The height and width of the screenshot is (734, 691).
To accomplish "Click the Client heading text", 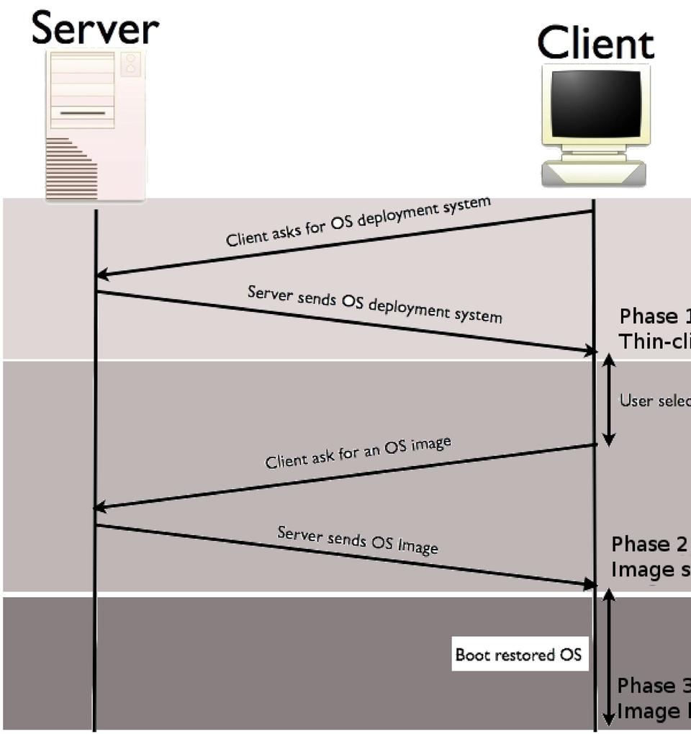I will point(596,43).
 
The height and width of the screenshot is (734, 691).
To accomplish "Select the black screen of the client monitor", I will point(595,104).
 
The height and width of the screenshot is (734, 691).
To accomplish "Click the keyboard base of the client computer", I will point(594,174).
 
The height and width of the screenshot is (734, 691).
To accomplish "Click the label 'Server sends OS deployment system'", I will point(374,303).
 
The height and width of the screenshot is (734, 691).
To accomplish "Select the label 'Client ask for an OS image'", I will point(358,452).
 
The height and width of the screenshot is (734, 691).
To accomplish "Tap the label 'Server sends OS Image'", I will point(358,540).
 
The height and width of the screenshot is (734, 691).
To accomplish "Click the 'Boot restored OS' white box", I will point(518,655).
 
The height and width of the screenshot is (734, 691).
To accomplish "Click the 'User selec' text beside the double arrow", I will point(654,400).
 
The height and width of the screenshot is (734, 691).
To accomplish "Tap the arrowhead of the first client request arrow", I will point(102,274).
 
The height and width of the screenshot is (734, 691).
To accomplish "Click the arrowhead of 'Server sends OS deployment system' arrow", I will point(591,351).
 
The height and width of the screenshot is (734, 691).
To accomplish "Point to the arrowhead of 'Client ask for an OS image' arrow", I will point(100,508).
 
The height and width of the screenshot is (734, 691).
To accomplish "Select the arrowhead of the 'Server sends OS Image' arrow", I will point(591,584).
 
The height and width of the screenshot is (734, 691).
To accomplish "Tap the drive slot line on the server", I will point(83,113).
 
